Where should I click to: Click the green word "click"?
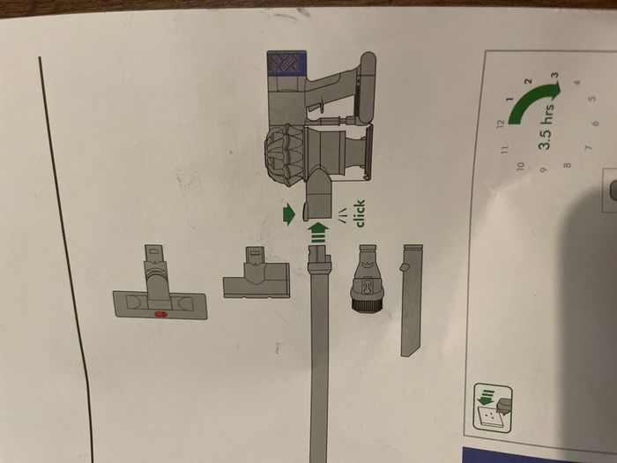[x=361, y=213]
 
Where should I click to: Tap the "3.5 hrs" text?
[x=547, y=126]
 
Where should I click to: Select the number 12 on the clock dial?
[x=501, y=123]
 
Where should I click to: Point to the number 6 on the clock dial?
[x=596, y=123]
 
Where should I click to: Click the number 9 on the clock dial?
[x=544, y=170]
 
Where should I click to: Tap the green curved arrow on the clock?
[x=532, y=97]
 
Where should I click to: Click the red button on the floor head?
[x=160, y=314]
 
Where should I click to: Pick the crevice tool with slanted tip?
[x=411, y=299]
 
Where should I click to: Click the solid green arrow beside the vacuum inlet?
[x=288, y=214]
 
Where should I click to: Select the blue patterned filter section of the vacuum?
[x=286, y=63]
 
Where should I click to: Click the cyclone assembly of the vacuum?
[x=285, y=154]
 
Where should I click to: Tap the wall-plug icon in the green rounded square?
[x=493, y=408]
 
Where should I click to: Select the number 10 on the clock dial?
[x=521, y=166]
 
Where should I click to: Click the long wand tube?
[x=319, y=355]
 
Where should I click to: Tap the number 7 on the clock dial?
[x=588, y=148]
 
